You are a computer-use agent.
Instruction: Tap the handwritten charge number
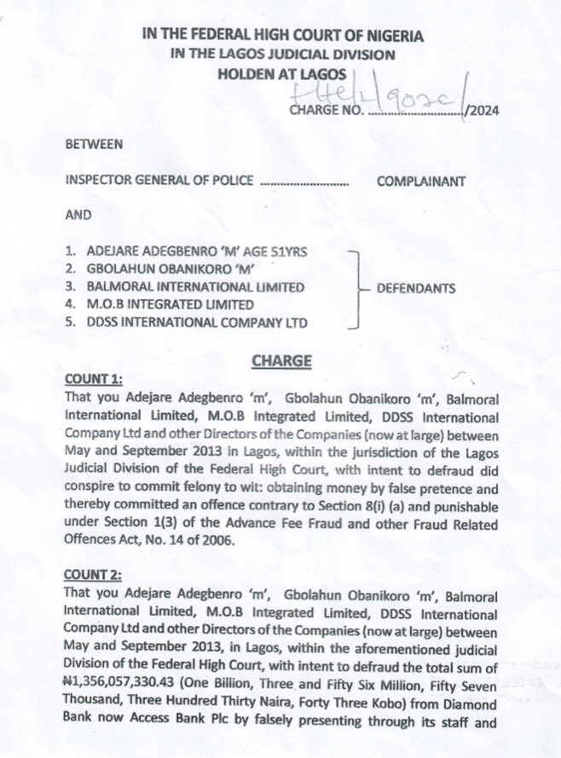pos(393,96)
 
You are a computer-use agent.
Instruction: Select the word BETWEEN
pos(94,145)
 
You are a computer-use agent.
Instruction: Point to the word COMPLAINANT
pos(421,181)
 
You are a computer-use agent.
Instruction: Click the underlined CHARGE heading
pos(281,361)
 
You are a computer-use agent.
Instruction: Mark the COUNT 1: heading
pos(94,379)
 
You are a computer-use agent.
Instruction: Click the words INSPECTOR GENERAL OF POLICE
pos(159,181)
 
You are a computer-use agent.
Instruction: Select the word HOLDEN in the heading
pos(244,74)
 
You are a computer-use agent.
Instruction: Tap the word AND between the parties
pos(78,215)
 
